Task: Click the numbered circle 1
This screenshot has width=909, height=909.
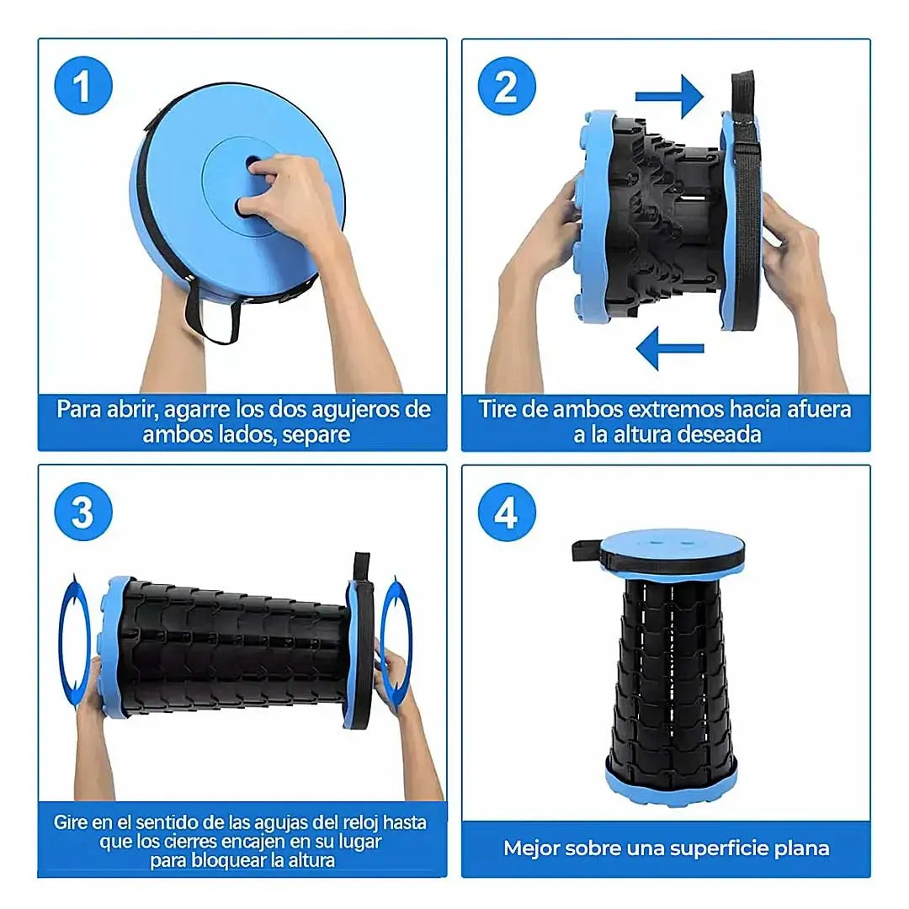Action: (82, 86)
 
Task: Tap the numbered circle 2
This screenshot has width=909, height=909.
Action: (506, 86)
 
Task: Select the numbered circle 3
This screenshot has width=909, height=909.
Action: (82, 512)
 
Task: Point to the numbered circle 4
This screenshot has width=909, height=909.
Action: (506, 512)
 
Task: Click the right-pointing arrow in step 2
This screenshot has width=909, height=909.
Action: (669, 96)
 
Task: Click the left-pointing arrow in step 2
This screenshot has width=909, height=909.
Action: (670, 348)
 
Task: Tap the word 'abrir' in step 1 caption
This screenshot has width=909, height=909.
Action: (129, 409)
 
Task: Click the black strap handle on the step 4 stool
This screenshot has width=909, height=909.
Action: (587, 550)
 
